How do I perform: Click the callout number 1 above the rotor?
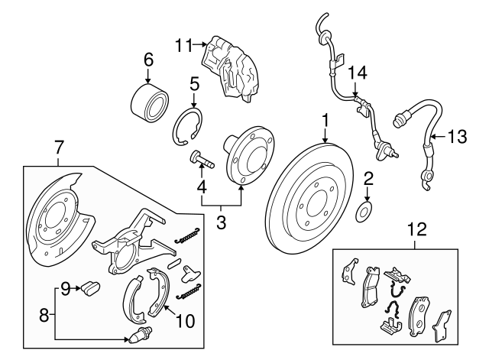click(x=325, y=120)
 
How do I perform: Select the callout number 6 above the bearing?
click(x=149, y=60)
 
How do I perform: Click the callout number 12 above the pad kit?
click(x=416, y=227)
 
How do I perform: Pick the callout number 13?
click(x=456, y=137)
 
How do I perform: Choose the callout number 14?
click(x=358, y=73)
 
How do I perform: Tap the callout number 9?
click(x=66, y=288)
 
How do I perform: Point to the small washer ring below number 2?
click(x=366, y=210)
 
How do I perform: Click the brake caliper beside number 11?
click(x=232, y=69)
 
